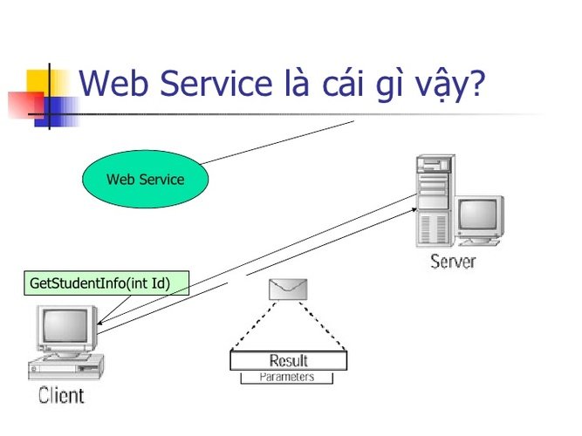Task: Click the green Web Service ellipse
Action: coord(145,179)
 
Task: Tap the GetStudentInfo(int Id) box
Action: coord(106,283)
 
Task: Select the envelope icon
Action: coord(288,289)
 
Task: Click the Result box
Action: coord(289,360)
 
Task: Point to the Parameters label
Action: coord(287,377)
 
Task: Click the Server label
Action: coord(453,262)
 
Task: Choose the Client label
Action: coord(61,395)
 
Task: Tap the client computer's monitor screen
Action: coord(65,326)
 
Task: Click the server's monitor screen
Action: coord(477,215)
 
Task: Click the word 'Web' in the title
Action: coord(113,83)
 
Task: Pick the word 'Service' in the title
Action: coord(216,83)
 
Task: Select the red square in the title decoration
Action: coord(26,105)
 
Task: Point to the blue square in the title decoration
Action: coord(56,112)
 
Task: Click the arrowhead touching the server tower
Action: coord(414,210)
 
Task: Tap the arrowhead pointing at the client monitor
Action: coord(99,323)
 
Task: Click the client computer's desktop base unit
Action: coord(66,366)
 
